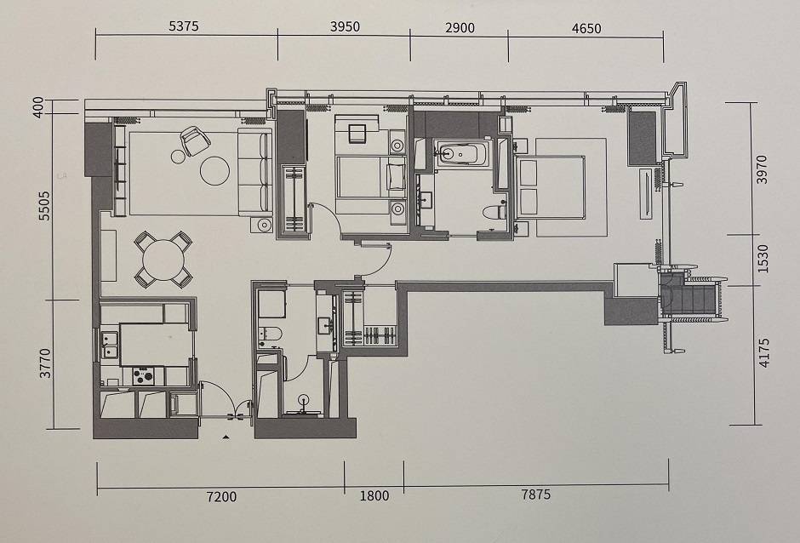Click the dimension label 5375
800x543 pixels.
184,26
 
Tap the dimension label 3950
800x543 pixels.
345,26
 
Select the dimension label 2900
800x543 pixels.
460,27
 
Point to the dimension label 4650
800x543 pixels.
586,29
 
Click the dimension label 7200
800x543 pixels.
221,496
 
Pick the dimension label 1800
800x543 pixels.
374,495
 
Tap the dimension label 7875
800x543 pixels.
535,494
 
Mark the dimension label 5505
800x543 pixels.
45,206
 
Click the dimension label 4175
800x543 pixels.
763,352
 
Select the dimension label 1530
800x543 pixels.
763,259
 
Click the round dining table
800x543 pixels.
163,260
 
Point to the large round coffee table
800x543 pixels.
214,170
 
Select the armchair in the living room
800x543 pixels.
194,140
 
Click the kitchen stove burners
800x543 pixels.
143,376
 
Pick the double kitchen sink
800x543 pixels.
109,345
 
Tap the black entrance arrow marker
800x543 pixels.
225,437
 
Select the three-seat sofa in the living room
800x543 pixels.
254,172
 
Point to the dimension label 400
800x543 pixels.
39,107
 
